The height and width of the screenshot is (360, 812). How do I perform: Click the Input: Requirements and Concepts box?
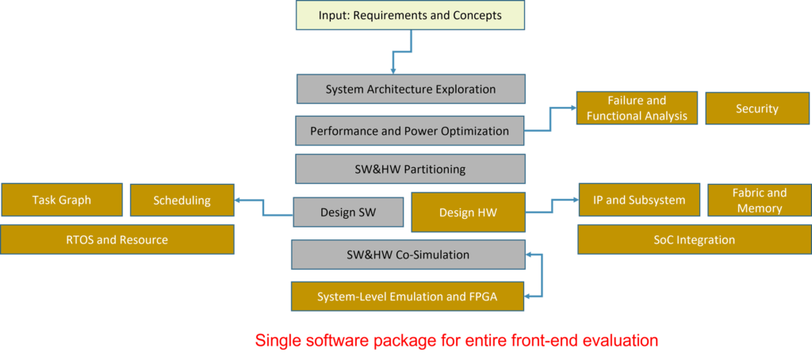[411, 15]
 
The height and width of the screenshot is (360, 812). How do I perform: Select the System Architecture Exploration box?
[411, 89]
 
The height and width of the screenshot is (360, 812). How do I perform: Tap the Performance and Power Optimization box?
[410, 131]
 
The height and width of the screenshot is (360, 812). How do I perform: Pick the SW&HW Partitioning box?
[410, 169]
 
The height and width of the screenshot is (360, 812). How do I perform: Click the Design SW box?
[348, 212]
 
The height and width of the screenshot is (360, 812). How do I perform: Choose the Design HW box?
[468, 212]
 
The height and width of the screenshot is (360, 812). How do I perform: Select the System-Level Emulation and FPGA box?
[408, 297]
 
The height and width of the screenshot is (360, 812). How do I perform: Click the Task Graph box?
[62, 199]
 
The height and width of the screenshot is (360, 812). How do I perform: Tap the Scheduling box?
[182, 199]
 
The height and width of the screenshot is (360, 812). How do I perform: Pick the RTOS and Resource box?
[117, 239]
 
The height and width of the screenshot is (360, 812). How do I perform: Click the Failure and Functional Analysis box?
[637, 109]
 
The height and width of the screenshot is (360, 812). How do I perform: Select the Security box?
[757, 109]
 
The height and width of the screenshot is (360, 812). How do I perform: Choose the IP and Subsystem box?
[639, 199]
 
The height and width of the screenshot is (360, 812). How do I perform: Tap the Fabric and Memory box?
[759, 199]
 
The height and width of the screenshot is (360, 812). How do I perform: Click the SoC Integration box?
[695, 239]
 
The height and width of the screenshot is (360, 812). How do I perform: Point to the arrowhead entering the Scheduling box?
[238, 200]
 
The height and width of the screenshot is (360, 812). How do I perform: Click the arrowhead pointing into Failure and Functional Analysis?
[573, 109]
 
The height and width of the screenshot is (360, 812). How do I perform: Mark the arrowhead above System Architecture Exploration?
[393, 71]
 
